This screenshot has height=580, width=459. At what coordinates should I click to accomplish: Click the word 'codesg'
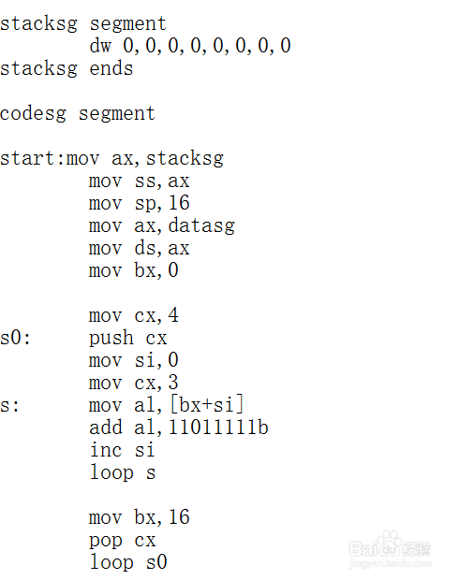(x=34, y=114)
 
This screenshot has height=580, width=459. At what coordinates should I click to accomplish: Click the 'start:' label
(x=32, y=158)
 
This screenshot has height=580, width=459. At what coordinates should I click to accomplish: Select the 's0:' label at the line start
(x=15, y=338)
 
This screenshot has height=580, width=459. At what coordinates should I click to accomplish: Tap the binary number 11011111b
(x=218, y=428)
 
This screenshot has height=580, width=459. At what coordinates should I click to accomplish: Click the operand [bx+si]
(x=207, y=405)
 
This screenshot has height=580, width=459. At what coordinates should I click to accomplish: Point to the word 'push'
(x=111, y=339)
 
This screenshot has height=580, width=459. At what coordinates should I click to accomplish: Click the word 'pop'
(x=106, y=541)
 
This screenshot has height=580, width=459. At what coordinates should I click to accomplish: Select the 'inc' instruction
(x=106, y=450)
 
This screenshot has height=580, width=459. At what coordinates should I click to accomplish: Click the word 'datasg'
(x=201, y=225)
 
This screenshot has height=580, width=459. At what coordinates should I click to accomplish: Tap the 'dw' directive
(x=100, y=46)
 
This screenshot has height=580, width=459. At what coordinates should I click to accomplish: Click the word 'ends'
(x=111, y=68)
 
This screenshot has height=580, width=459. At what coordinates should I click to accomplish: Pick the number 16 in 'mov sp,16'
(x=179, y=203)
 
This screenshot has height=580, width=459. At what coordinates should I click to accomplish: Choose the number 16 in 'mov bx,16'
(x=179, y=517)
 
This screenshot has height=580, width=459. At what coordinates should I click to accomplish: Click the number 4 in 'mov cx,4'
(x=173, y=315)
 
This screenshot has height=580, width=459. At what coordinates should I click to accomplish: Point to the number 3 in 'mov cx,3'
(x=173, y=383)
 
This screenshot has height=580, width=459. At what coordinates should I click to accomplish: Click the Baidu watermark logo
(x=390, y=548)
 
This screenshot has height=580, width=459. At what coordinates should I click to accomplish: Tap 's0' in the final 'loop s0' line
(x=156, y=562)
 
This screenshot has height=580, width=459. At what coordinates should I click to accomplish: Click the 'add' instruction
(x=106, y=428)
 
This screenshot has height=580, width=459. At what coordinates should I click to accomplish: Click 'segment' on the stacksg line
(x=127, y=24)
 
